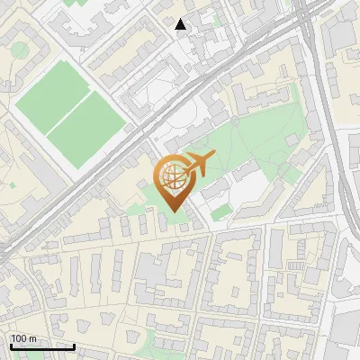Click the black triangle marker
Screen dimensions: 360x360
pos(181,24)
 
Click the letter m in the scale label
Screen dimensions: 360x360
pos(33,338)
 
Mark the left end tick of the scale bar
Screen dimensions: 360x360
pos(10,346)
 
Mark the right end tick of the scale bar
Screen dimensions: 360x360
pos(74,346)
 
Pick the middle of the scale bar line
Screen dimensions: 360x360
pos(41,346)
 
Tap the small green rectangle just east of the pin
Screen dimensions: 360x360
pos(220,212)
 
